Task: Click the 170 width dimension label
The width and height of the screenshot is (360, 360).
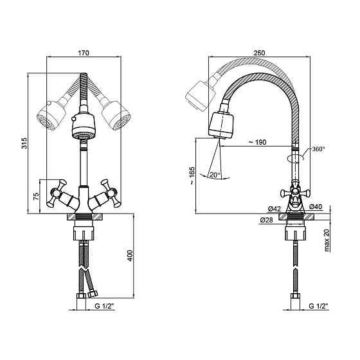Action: click(x=84, y=53)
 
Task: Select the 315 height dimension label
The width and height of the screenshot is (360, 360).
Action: click(x=24, y=143)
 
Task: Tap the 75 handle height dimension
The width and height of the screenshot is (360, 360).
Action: click(x=36, y=196)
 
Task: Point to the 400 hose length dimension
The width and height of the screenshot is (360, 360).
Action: click(x=130, y=255)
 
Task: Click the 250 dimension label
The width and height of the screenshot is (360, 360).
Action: click(x=259, y=53)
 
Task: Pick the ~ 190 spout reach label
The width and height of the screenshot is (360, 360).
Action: click(x=258, y=142)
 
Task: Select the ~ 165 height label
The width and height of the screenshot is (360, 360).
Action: click(x=192, y=175)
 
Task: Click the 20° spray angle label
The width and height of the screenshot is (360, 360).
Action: click(x=215, y=175)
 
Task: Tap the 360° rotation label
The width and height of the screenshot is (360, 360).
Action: click(x=318, y=148)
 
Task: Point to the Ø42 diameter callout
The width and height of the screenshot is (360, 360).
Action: click(x=274, y=209)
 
